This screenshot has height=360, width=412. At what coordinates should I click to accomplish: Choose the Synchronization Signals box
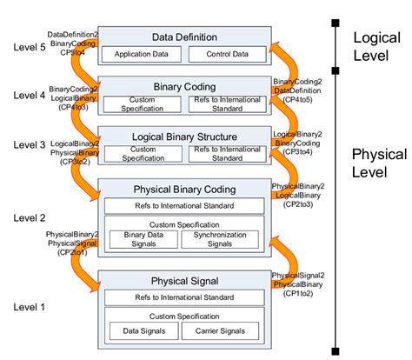pos(220,239)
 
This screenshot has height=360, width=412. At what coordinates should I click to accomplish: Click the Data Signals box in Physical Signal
pos(141,331)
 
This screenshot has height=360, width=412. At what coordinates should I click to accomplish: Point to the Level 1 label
pos(19,307)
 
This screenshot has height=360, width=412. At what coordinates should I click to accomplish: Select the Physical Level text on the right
pos(380,165)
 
